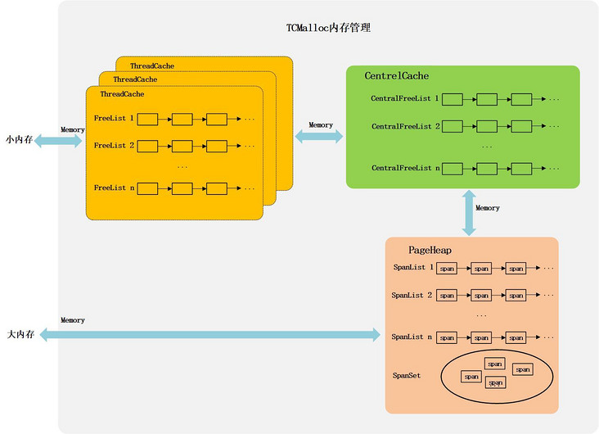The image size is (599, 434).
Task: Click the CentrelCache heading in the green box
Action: pos(397,76)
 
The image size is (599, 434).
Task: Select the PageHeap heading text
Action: pos(430,249)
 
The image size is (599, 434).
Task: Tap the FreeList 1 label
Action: pos(114,119)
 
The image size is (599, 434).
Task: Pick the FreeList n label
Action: pos(114,188)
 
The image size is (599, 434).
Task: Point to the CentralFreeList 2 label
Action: pos(405,126)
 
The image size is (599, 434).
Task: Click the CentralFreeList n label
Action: pos(405,167)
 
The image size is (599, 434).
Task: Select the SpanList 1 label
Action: pos(413,268)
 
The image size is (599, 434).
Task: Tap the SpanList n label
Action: pos(413,337)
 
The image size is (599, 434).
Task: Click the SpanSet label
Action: pos(407,375)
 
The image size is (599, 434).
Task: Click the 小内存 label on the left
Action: pos(19,140)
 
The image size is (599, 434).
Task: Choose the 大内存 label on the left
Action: pos(19,334)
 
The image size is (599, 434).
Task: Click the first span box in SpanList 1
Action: pos(447,269)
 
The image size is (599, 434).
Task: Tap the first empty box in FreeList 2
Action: pos(147,146)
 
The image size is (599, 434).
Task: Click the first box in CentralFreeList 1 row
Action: pos(453,99)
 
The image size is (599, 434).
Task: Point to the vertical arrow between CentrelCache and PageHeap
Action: pos(471,212)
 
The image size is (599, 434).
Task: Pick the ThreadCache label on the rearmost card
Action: pos(151,66)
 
